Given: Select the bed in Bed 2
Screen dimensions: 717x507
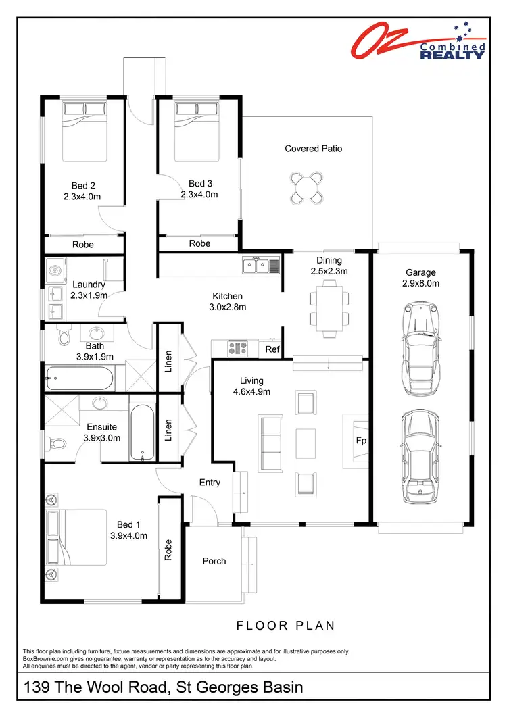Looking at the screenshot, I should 84,132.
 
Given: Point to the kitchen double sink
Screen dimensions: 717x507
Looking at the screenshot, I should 261,266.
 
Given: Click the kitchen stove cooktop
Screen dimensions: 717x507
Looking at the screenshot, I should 238,347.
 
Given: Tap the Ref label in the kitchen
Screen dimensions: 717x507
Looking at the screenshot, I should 272,349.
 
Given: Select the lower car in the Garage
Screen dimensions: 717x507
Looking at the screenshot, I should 420,456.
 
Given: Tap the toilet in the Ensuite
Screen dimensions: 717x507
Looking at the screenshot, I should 57,444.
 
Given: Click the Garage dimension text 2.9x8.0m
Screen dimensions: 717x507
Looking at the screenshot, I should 420,283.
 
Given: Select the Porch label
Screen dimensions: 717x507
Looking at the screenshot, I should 214,561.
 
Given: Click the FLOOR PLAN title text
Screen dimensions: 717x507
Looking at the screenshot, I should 285,626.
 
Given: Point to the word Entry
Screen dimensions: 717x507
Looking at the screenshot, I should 210,482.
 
